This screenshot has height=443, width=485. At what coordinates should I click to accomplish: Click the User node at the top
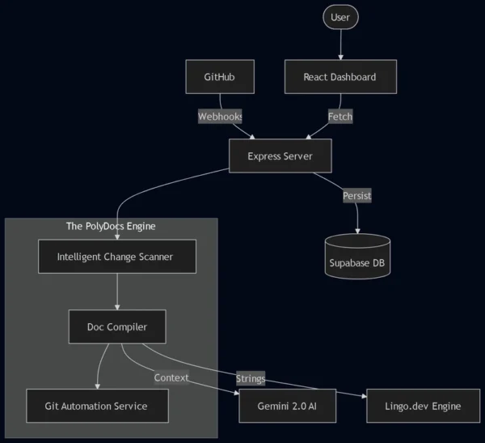340,17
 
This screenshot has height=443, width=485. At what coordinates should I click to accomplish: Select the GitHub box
220,77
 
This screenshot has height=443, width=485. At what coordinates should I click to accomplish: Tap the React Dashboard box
340,77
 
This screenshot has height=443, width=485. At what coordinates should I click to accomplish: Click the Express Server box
280,155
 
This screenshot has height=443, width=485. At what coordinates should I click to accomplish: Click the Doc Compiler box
118,327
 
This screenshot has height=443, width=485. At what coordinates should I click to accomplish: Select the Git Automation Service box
98,406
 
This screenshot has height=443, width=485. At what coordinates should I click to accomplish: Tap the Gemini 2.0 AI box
287,406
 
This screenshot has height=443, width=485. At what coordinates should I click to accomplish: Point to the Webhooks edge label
221,117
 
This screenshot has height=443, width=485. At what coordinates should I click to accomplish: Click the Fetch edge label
340,117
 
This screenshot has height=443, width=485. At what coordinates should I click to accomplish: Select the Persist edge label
357,196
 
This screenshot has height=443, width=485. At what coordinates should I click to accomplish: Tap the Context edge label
171,377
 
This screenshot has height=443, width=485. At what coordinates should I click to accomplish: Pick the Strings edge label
251,378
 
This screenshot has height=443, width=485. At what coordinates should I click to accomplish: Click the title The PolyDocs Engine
111,226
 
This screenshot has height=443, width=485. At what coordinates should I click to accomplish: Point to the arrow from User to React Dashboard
340,45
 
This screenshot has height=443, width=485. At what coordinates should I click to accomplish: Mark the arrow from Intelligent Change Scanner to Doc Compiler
118,292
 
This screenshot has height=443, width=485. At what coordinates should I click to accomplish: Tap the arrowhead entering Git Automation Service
98,385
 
